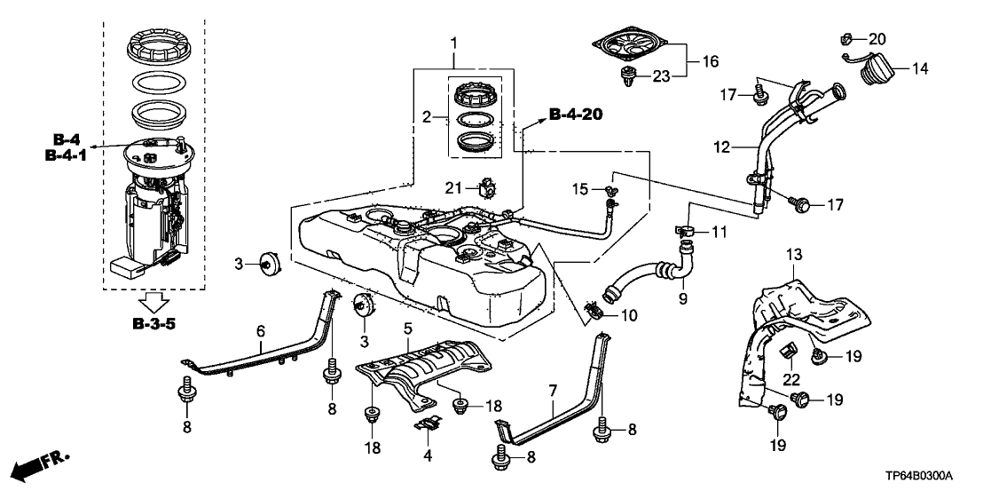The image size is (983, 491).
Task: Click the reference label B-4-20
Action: pyautogui.click(x=581, y=114)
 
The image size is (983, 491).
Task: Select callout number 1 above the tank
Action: pyautogui.click(x=454, y=43)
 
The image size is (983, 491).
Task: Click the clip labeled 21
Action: pyautogui.click(x=487, y=188)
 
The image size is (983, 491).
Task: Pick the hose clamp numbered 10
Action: pyautogui.click(x=595, y=311)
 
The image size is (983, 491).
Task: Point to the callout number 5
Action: pyautogui.click(x=407, y=329)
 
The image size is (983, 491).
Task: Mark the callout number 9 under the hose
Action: pyautogui.click(x=682, y=300)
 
